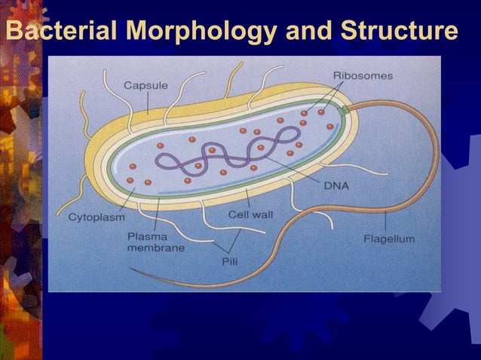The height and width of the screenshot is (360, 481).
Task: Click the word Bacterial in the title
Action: [63, 32]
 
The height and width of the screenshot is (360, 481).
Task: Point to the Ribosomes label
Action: [362, 75]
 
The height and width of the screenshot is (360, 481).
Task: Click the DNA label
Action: [338, 185]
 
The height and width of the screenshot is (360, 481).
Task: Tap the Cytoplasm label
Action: [96, 218]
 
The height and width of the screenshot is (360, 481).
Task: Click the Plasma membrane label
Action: [155, 241]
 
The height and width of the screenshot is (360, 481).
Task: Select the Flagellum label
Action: [388, 239]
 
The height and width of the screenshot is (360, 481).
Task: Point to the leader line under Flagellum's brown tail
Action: [386, 221]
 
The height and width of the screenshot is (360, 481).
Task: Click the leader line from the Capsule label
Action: [148, 102]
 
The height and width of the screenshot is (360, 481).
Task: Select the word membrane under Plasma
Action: [155, 248]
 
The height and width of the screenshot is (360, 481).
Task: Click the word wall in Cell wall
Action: [262, 214]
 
